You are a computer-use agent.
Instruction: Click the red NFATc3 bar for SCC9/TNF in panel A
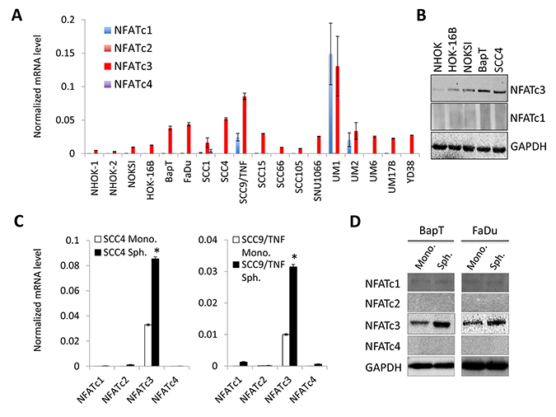coord(245,125)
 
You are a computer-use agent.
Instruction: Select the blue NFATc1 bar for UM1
coord(330,104)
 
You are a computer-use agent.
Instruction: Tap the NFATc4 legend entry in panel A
coord(128,84)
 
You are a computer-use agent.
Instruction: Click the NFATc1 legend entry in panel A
coord(128,30)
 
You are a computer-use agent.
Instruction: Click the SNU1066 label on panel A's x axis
coord(317,181)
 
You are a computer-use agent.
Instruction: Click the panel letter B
coord(421,16)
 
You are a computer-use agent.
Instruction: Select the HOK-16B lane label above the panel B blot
coord(452,49)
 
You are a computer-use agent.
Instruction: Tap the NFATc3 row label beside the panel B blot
coord(528,90)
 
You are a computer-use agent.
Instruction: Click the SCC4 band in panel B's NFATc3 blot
coord(499,92)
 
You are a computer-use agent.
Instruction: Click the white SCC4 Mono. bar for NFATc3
coord(148,345)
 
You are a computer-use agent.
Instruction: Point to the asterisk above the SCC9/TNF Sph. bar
coord(294,257)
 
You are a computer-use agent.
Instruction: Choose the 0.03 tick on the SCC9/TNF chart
coord(211,271)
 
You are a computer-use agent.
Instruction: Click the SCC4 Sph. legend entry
coord(120,252)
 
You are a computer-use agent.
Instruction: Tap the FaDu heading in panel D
coord(484,231)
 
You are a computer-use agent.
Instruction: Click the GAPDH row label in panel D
coord(383,368)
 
